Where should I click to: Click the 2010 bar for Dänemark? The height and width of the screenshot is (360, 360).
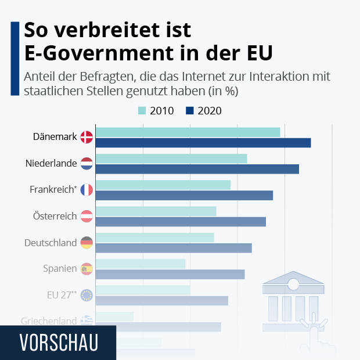[188, 132]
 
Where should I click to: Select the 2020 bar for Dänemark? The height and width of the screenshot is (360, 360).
[203, 143]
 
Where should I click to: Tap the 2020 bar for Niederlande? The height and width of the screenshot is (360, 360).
[197, 169]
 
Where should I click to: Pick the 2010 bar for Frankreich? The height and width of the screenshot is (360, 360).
[163, 185]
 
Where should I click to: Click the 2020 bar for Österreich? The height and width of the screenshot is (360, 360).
[180, 222]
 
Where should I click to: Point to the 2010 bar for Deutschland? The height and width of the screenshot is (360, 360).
[154, 237]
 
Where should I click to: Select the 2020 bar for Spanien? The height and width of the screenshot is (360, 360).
[170, 274]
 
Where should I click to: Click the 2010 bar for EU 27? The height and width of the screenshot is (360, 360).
[142, 290]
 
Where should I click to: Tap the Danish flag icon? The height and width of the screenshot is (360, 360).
[87, 137]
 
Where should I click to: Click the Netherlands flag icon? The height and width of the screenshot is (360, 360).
[87, 164]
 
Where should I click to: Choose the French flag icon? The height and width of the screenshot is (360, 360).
[87, 190]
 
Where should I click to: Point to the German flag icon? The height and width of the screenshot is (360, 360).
[87, 243]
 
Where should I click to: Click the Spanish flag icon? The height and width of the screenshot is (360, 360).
[87, 269]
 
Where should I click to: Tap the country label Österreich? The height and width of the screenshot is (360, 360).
[55, 216]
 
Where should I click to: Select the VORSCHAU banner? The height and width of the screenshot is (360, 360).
[58, 342]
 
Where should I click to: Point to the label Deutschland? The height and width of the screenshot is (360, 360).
[51, 243]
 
